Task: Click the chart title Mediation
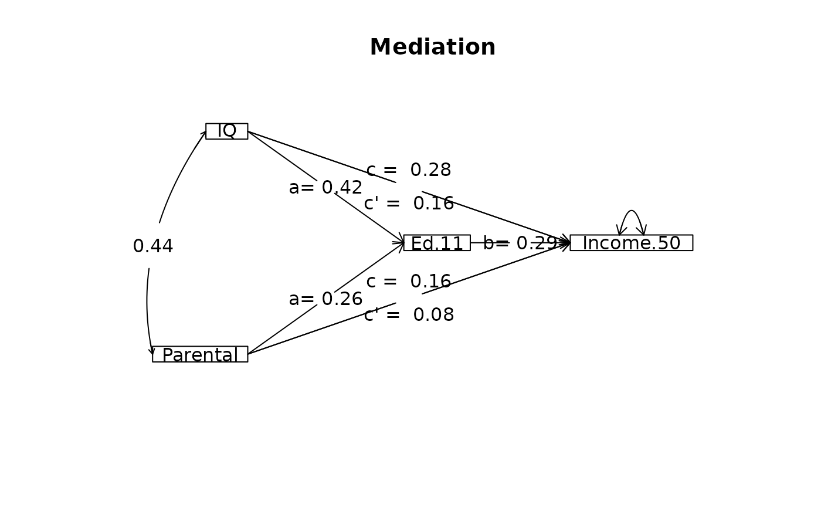(432, 48)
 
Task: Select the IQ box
(226, 131)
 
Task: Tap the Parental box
(200, 354)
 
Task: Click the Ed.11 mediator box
(437, 243)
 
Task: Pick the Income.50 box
(631, 243)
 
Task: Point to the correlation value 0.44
(153, 246)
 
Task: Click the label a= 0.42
(325, 188)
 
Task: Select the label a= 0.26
(325, 299)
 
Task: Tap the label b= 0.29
(520, 243)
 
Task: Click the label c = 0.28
(409, 170)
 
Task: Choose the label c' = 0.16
(409, 204)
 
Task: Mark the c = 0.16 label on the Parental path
(409, 282)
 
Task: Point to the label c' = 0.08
(409, 315)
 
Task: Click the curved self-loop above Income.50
(631, 212)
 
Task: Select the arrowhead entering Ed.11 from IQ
(401, 239)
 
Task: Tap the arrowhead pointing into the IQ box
(203, 134)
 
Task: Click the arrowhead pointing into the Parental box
(152, 351)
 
